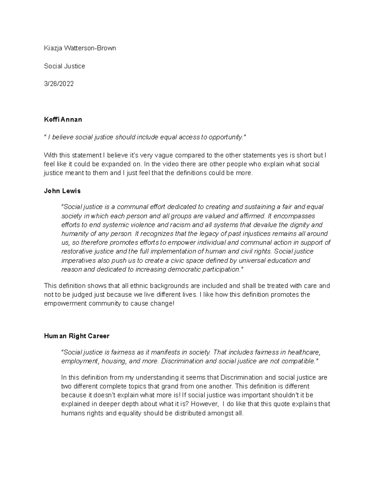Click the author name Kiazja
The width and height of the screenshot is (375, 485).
pyautogui.click(x=52, y=48)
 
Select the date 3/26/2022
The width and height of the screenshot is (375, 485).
pyautogui.click(x=59, y=84)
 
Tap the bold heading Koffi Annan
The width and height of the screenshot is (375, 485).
pyautogui.click(x=63, y=119)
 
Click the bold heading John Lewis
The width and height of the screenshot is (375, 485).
pyautogui.click(x=62, y=191)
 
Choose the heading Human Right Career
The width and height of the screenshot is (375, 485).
pyautogui.click(x=77, y=336)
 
